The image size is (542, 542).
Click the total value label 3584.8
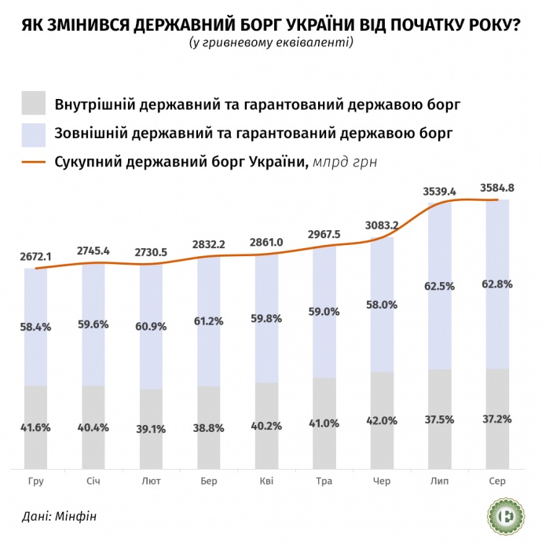(497, 188)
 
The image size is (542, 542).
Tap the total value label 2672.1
(36, 256)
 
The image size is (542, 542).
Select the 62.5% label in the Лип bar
(440, 287)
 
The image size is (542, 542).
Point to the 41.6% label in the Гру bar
(36, 427)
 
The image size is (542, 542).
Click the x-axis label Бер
(209, 481)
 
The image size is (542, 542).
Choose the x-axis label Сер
(497, 481)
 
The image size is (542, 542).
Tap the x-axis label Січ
(93, 481)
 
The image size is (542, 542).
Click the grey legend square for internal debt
(35, 104)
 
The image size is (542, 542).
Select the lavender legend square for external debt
(35, 133)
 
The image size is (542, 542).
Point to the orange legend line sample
(35, 163)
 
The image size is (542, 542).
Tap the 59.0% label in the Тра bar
(324, 311)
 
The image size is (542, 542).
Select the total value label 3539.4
(440, 191)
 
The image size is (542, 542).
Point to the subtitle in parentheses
(271, 43)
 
